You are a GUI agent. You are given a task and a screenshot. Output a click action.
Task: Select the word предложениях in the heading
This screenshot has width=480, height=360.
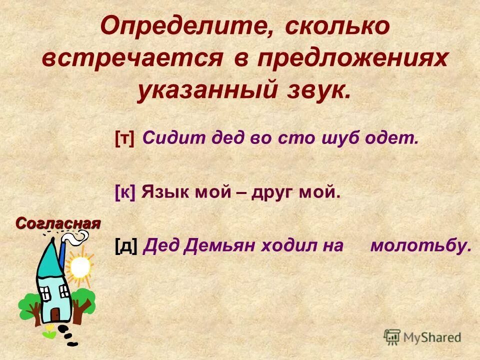tap(353, 59)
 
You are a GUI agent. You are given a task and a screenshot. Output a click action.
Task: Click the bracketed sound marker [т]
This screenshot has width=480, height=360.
tap(125, 139)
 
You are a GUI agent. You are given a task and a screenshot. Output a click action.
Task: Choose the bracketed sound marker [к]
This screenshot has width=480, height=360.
tap(125, 191)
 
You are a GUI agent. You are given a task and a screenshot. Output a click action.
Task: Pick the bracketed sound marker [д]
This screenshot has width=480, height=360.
tap(126, 245)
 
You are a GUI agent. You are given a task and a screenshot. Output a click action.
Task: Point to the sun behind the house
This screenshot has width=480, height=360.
tap(79, 267)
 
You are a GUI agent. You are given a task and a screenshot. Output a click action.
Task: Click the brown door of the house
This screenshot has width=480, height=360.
tap(55, 314)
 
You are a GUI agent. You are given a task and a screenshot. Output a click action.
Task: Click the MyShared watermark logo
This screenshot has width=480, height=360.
tap(422, 337)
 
